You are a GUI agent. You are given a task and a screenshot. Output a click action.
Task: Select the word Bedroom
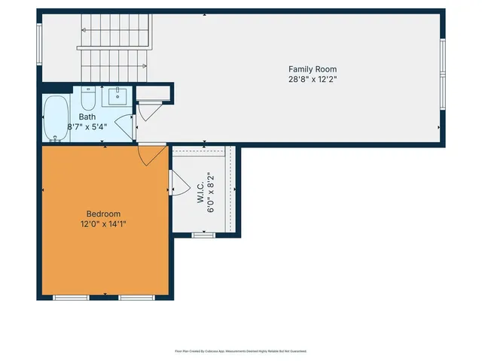(x=102, y=214)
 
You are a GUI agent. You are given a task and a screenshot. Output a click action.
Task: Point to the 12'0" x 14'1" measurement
(x=102, y=223)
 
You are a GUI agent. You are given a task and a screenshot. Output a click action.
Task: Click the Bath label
(x=87, y=117)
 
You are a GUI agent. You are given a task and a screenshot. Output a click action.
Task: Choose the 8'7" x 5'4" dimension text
(x=87, y=126)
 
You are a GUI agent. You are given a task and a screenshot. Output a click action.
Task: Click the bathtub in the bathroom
(x=55, y=118)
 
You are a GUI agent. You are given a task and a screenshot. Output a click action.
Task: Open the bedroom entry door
(x=149, y=155)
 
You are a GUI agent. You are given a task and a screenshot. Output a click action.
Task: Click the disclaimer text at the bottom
(x=240, y=350)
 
